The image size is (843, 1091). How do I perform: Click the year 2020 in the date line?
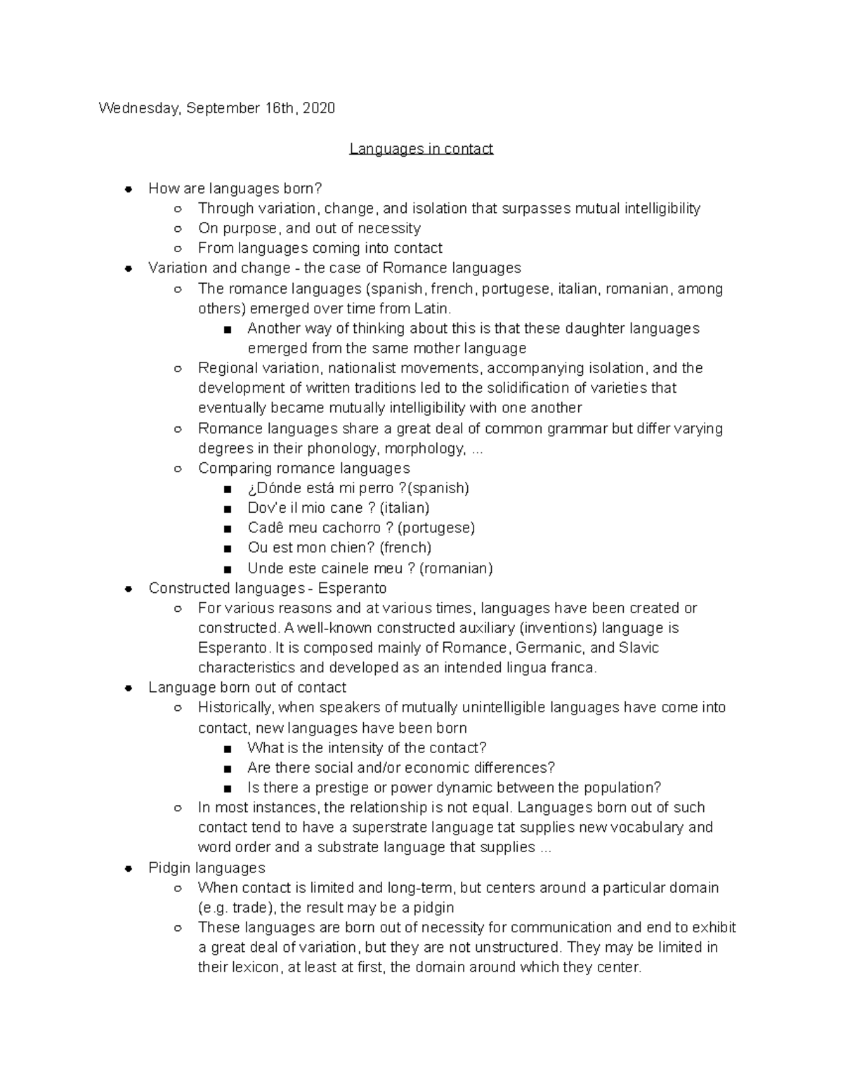319,108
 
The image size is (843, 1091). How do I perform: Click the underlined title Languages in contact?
421,149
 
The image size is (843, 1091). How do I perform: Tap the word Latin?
433,309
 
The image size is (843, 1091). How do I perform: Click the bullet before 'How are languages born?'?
128,189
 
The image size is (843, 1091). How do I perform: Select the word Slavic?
639,648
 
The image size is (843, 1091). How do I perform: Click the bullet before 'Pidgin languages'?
128,868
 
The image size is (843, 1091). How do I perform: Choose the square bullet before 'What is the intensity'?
226,749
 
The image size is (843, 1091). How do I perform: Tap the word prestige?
343,788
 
